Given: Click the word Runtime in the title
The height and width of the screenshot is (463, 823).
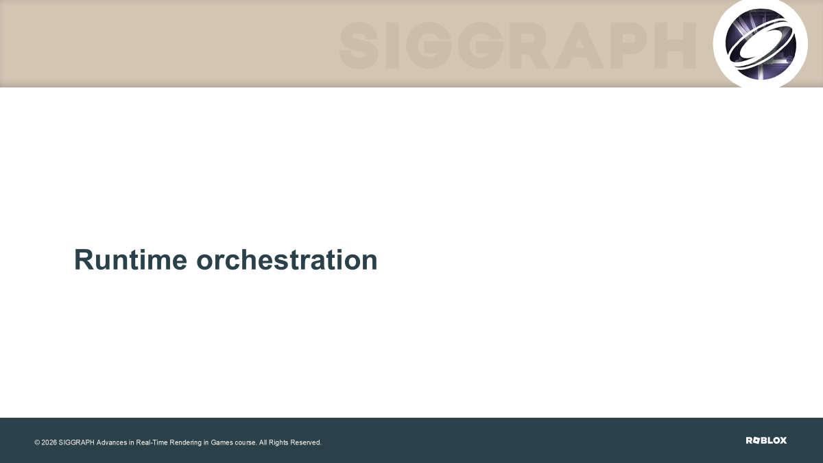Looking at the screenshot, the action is coord(130,260).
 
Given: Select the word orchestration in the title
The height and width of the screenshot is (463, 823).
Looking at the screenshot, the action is coord(287,260).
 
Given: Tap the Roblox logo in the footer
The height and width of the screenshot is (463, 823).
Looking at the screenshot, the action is coord(766,440).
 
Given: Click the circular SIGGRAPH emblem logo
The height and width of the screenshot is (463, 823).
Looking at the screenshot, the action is coord(761,44).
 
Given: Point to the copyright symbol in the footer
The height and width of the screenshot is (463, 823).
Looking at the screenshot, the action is coord(37,442).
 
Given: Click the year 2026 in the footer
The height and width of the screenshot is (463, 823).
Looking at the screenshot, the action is coord(49,442).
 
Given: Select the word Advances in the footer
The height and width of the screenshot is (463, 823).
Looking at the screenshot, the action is coord(112,442).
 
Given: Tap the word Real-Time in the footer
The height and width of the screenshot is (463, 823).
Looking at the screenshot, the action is coord(152,442).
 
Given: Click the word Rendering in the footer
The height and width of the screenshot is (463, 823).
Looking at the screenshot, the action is coord(186,443).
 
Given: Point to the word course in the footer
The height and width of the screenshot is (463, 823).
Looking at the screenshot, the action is coord(246,442).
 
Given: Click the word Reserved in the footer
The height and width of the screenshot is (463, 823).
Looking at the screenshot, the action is coord(306,442).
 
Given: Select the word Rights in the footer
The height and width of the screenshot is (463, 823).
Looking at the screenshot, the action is coord(278,443).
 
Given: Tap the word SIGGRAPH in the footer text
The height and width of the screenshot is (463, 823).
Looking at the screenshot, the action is coord(76,442).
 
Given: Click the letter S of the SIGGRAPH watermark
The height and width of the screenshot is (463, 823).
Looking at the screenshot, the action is coord(359,45).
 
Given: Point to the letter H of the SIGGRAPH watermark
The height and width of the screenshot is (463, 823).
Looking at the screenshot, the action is coord(675,45).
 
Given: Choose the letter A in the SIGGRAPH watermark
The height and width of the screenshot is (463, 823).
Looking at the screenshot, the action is coord(580,45).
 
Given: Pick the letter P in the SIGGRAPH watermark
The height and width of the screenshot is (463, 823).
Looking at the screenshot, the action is coord(630,45).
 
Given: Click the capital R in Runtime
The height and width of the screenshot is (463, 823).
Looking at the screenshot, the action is coord(84,259).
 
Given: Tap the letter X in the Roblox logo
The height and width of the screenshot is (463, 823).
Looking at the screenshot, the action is coord(783,440).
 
